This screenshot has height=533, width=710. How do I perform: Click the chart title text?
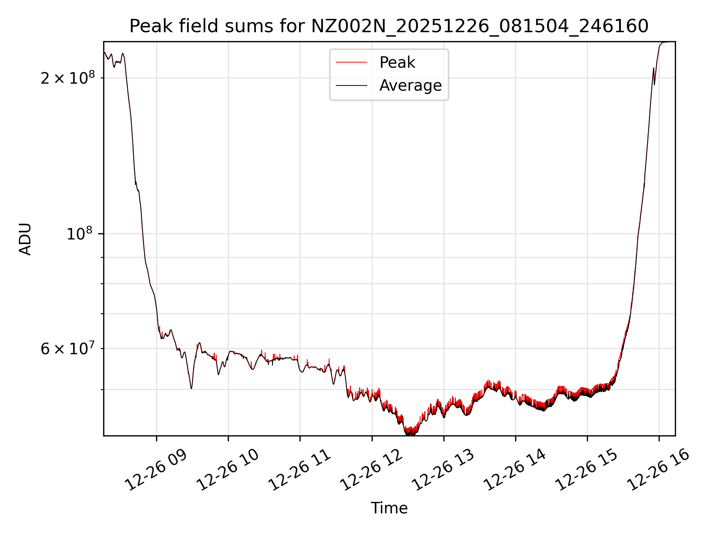click(x=389, y=26)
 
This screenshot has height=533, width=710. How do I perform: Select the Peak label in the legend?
click(x=397, y=63)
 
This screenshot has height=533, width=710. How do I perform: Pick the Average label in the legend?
click(x=410, y=86)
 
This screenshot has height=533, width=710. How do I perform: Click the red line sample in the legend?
click(x=351, y=63)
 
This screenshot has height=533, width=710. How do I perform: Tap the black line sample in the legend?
click(x=351, y=86)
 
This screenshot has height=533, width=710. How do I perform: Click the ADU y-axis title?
click(x=25, y=239)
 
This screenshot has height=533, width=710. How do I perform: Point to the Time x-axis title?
click(x=389, y=508)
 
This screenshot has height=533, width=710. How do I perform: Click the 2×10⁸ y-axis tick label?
click(x=68, y=78)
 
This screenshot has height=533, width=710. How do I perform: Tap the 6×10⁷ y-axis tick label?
click(x=68, y=349)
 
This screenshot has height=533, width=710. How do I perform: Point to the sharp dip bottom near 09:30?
click(x=191, y=388)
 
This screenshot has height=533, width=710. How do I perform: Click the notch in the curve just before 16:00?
click(x=655, y=84)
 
